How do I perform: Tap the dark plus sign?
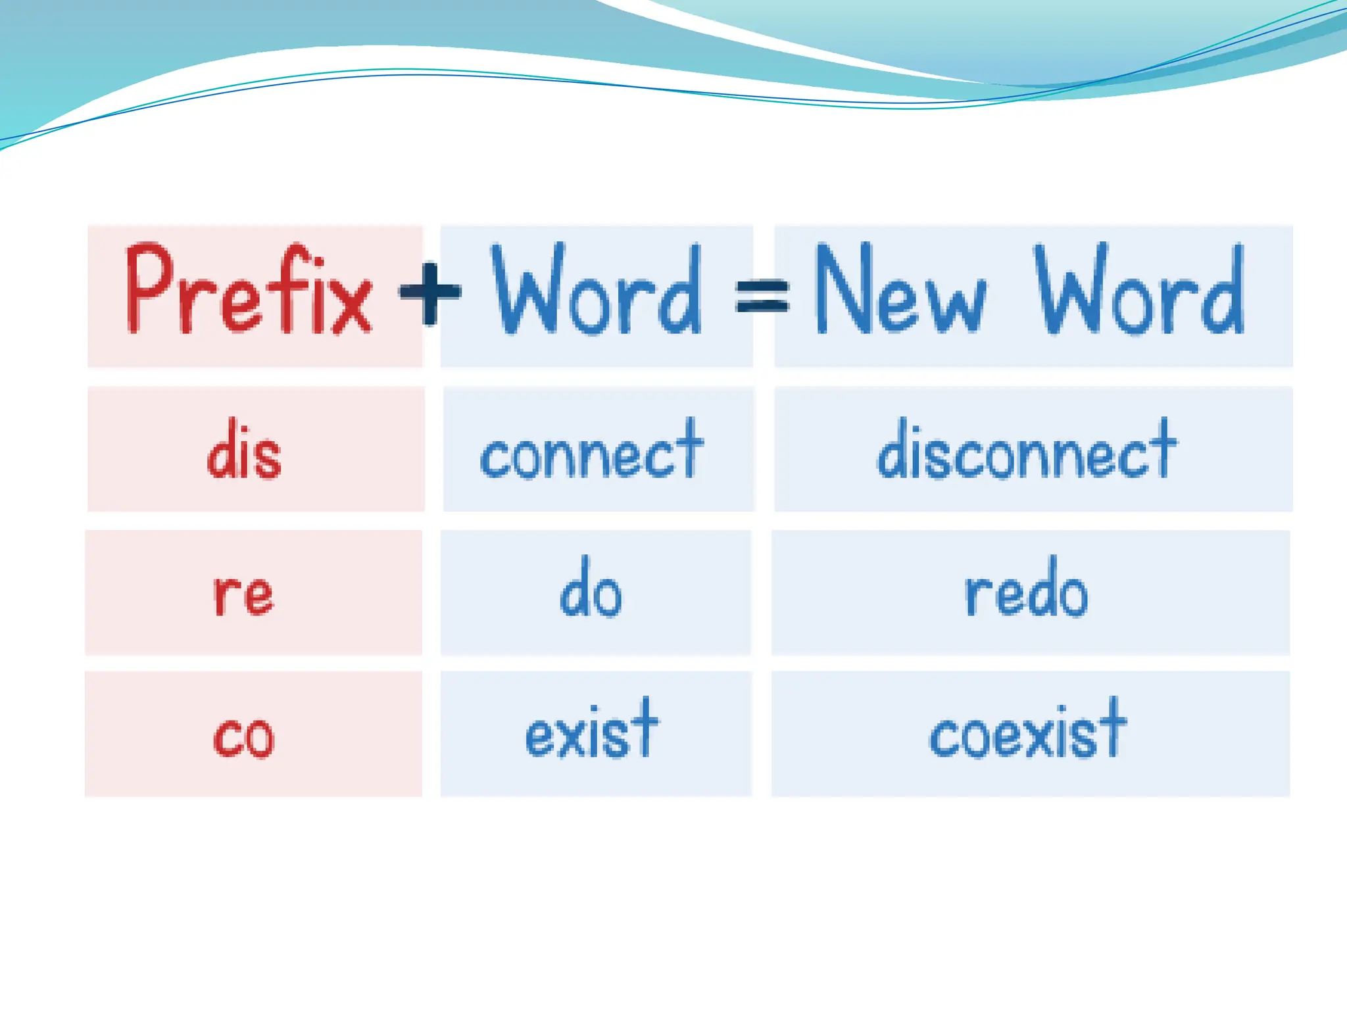(x=430, y=293)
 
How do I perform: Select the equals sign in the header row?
(x=762, y=295)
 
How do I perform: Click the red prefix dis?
(x=244, y=450)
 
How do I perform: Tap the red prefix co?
(x=243, y=736)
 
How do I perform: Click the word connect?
(x=592, y=450)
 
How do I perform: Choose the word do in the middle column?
(x=591, y=588)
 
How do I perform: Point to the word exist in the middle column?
(x=592, y=730)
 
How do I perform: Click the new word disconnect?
(x=1027, y=450)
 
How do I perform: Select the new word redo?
(x=1027, y=588)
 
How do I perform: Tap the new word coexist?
(x=1028, y=730)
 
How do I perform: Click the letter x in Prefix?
(x=351, y=304)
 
